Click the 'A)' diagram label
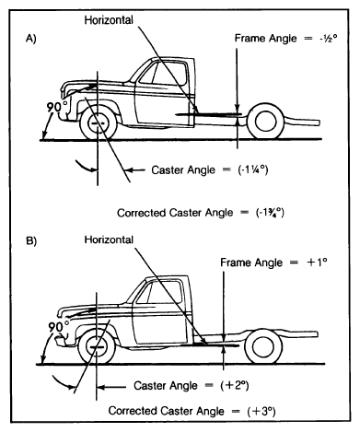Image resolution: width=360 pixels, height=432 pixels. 30,39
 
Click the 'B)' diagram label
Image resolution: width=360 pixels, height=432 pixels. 31,241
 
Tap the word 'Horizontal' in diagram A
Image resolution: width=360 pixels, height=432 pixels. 109,20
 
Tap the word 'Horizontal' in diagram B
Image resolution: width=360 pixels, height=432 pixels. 109,239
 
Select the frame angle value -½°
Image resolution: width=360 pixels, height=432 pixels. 328,39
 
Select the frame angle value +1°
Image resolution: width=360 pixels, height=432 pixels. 317,262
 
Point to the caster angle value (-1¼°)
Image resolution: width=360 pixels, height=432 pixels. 253,169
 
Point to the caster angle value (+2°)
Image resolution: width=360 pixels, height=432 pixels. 235,386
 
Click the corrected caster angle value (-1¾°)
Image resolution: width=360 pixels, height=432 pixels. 271,213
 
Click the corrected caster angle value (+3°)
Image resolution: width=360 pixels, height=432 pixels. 261,411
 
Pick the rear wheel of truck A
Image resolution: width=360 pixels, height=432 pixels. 266,122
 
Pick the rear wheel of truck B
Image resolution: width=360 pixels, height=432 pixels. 263,346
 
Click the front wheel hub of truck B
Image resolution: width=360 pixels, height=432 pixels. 97,347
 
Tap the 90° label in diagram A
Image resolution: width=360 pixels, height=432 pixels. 57,107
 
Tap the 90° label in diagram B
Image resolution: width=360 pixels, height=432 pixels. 59,326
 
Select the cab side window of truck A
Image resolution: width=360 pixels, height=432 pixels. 163,73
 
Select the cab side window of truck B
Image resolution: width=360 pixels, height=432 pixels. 159,292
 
